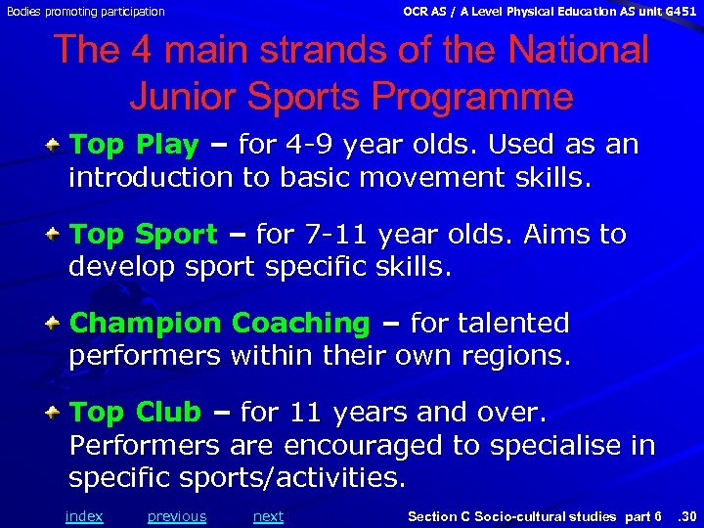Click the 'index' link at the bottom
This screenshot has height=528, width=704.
click(83, 516)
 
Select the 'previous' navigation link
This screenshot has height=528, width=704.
click(177, 516)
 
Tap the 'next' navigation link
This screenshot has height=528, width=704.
click(268, 516)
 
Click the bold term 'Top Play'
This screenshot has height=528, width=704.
click(134, 146)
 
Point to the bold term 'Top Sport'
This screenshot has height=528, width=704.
click(144, 235)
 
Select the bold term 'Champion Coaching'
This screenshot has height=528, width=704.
click(220, 323)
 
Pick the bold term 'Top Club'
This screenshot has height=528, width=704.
click(135, 413)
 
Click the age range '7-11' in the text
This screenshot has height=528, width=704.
click(331, 235)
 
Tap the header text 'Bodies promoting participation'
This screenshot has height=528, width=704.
click(85, 12)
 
